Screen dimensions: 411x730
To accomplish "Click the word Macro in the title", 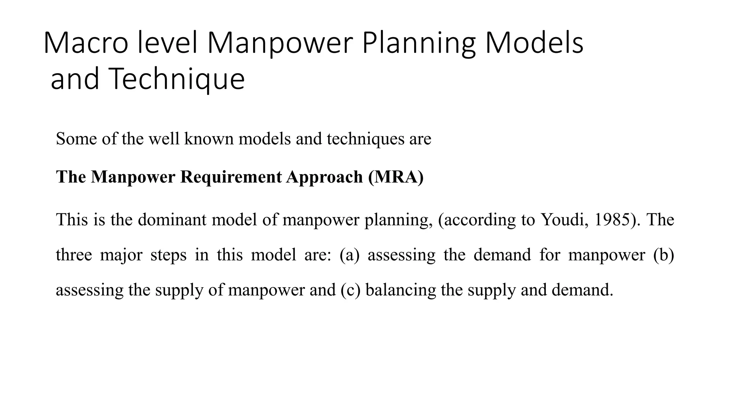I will pyautogui.click(x=86, y=43).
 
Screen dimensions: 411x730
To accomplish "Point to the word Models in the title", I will pyautogui.click(x=534, y=43).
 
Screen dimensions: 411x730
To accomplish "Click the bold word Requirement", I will pyautogui.click(x=231, y=177).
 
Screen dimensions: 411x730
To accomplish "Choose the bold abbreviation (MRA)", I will pyautogui.click(x=396, y=177).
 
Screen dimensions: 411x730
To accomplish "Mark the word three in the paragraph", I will pyautogui.click(x=74, y=255).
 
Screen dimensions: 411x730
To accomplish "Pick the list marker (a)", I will pyautogui.click(x=349, y=255).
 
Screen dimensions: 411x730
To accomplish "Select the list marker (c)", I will pyautogui.click(x=351, y=290).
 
